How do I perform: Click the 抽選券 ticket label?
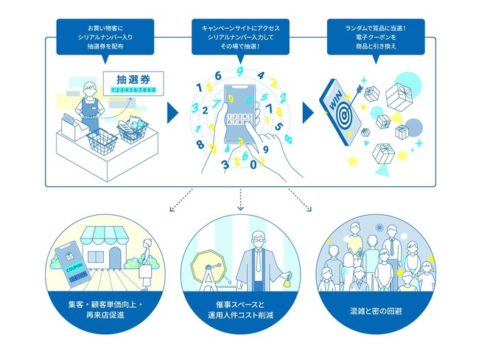(x=131, y=79)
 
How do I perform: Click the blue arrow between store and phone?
(x=172, y=113)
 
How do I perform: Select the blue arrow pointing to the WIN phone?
(x=307, y=113)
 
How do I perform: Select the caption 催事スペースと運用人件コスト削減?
(x=239, y=308)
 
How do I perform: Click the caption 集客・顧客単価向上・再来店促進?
(x=108, y=308)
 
